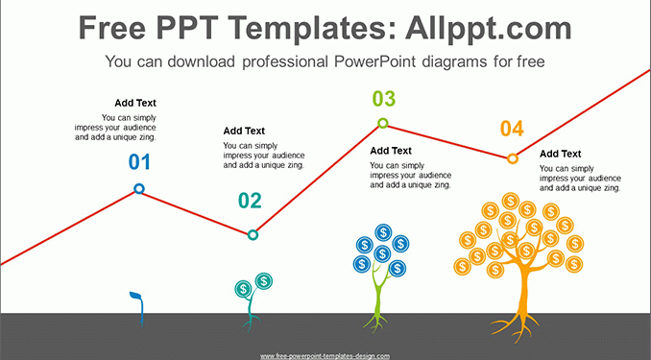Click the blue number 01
pyautogui.click(x=139, y=162)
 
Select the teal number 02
pyautogui.click(x=250, y=201)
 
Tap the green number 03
pyautogui.click(x=384, y=99)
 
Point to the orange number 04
pyautogui.click(x=512, y=129)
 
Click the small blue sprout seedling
pyautogui.click(x=140, y=309)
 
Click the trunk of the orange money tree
pyautogui.click(x=523, y=291)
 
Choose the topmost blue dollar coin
pyautogui.click(x=383, y=232)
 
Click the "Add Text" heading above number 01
pyautogui.click(x=135, y=103)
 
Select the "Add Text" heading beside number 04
pyautogui.click(x=560, y=154)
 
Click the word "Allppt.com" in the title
pyautogui.click(x=489, y=28)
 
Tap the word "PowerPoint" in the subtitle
pyautogui.click(x=374, y=61)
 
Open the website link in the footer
pyautogui.click(x=325, y=356)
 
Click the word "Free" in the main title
pyautogui.click(x=112, y=28)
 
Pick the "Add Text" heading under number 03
pyautogui.click(x=391, y=151)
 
